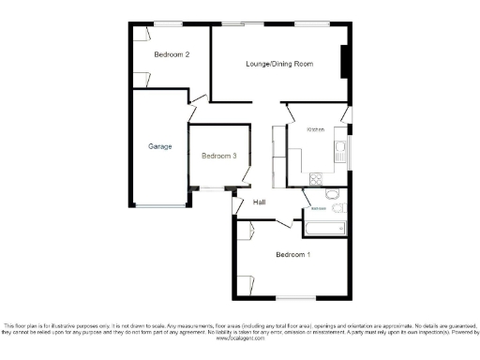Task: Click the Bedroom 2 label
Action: [171, 55]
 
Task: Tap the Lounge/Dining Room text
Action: [278, 64]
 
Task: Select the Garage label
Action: [159, 146]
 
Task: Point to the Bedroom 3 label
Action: [218, 156]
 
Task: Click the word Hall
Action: [261, 202]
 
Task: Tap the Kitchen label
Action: [314, 129]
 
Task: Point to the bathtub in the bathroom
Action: [325, 226]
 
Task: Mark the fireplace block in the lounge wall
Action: [345, 57]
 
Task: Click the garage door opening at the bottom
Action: [159, 205]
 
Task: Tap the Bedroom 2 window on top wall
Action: [168, 22]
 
